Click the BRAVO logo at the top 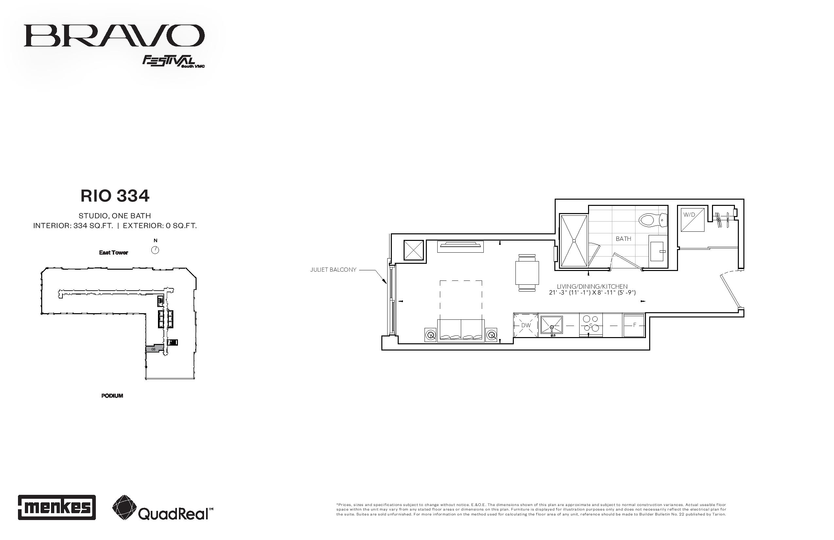pos(114,35)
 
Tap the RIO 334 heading pos(115,196)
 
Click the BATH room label pos(623,239)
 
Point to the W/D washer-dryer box pos(692,220)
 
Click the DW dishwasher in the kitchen pos(526,325)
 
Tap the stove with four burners pos(590,325)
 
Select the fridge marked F pos(634,325)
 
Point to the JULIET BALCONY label pos(333,270)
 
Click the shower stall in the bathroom pos(574,241)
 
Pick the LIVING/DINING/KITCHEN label pos(592,287)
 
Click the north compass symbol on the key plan pos(155,250)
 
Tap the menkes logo pos(57,507)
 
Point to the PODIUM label pos(112,396)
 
